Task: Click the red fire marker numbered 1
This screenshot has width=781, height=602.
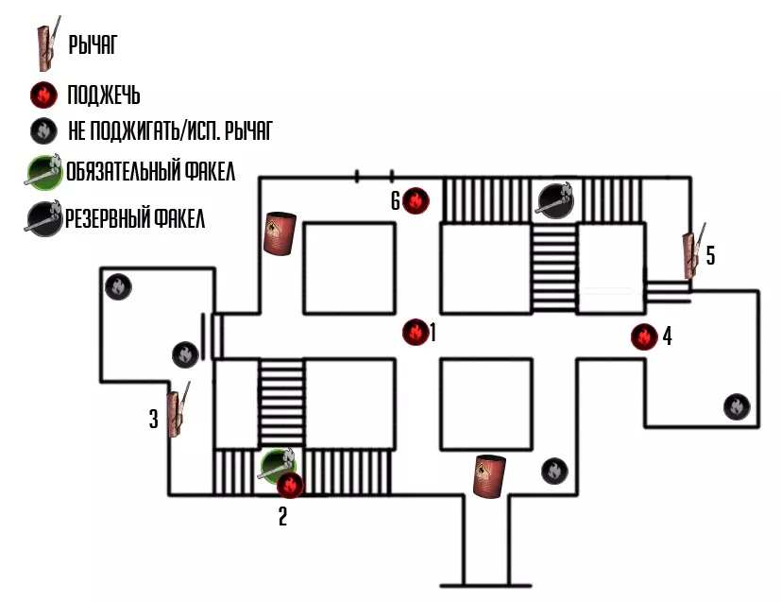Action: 414,332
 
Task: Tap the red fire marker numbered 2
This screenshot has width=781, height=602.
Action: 290,486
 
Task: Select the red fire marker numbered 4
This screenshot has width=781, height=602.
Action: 644,336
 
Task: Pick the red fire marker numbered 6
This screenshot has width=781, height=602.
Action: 416,200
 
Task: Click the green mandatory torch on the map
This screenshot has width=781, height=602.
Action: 279,462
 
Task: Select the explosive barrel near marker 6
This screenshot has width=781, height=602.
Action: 280,233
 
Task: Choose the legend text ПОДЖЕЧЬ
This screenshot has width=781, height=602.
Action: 104,95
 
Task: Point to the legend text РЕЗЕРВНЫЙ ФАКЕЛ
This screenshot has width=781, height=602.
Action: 134,219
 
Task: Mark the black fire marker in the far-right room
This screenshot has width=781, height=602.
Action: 737,406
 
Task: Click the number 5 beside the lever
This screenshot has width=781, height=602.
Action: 710,255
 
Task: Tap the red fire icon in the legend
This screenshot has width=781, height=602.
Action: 42,95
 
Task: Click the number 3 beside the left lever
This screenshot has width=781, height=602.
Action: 153,420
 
